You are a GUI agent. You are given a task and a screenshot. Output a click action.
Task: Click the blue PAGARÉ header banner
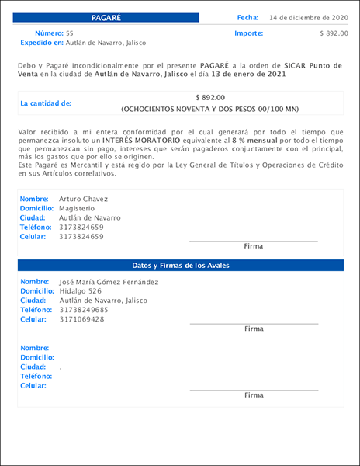106,17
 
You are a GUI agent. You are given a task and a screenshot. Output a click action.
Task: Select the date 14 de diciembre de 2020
309,17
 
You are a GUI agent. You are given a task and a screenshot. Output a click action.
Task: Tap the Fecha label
247,17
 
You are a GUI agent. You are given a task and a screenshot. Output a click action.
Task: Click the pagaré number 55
70,33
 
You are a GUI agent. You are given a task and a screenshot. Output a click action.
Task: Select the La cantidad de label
46,103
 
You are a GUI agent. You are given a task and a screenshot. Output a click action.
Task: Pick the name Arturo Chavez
84,199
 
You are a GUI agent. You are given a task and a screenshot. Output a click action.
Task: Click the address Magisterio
76,208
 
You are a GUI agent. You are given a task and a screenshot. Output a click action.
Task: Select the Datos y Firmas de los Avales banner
180,266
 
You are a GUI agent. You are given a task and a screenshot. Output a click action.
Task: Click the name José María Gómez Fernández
109,282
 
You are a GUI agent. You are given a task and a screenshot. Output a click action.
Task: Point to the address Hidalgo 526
81,291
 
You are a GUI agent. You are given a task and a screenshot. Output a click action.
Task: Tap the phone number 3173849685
84,310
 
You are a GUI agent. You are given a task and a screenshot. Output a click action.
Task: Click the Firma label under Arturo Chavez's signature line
254,246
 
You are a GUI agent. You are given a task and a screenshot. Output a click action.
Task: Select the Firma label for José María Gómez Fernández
254,329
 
